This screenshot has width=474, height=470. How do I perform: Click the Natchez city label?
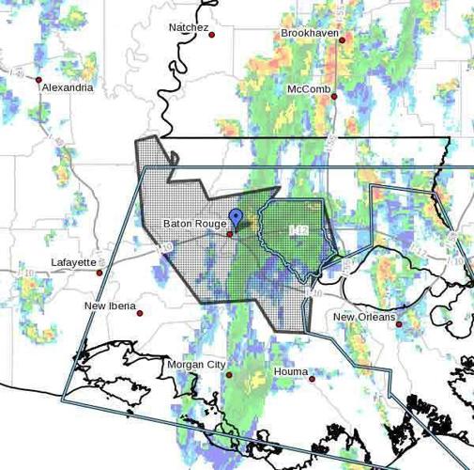(x=189, y=27)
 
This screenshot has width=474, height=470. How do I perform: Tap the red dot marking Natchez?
(x=212, y=35)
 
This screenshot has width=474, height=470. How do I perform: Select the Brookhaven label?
(x=310, y=33)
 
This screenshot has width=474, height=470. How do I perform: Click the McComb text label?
(x=309, y=88)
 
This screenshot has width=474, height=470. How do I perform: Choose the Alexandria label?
(x=68, y=87)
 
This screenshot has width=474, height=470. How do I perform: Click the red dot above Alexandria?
(x=39, y=80)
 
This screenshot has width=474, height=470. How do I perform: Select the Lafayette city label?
(x=74, y=262)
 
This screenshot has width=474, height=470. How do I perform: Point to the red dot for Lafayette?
(x=100, y=272)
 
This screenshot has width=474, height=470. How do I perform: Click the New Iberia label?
(x=110, y=305)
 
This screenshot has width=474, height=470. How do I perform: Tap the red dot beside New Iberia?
(x=141, y=312)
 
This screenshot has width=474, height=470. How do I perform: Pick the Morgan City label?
(x=196, y=364)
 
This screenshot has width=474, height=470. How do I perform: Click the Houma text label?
(x=291, y=371)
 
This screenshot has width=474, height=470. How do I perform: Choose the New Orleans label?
(x=361, y=317)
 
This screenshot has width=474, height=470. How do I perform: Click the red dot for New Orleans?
(x=399, y=325)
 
